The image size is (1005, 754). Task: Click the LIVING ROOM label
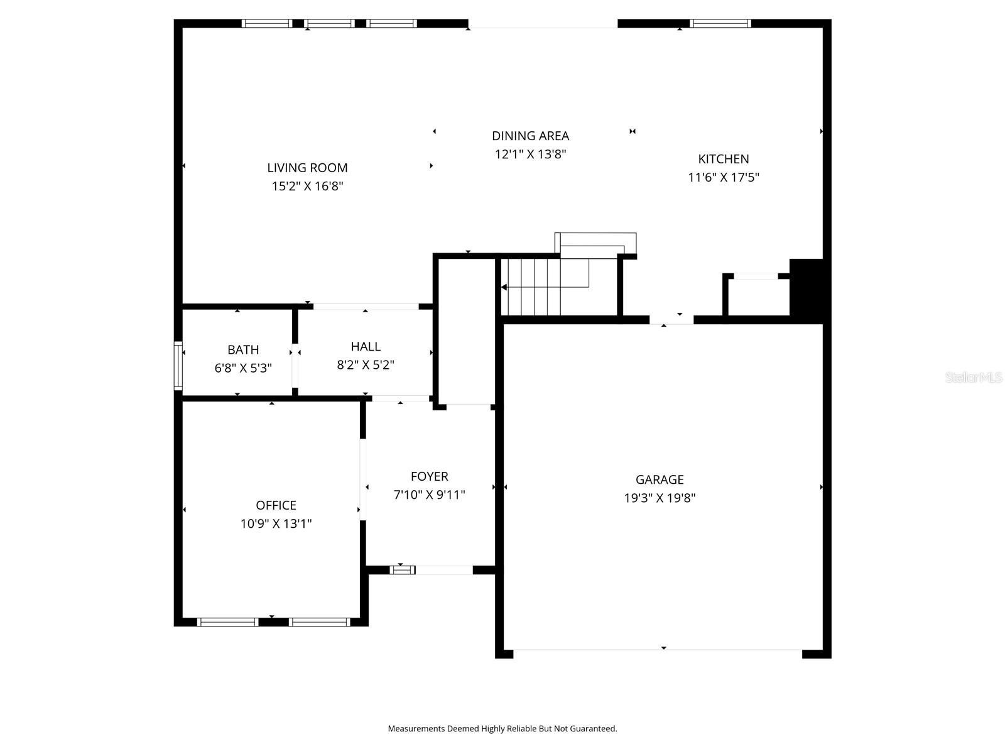307,168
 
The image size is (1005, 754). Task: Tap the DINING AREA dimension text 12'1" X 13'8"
530,154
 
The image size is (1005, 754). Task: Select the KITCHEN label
723,159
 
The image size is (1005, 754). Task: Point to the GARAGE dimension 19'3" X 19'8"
659,498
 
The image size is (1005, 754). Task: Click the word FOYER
429,476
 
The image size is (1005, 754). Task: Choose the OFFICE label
276,505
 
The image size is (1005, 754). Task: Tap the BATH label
243,350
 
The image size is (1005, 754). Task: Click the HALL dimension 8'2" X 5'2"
366,364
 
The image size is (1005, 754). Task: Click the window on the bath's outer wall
178,366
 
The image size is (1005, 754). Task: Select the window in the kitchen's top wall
720,24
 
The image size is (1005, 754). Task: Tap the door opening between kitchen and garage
671,320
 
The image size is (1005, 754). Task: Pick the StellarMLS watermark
973,378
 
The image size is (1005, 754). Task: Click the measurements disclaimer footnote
502,729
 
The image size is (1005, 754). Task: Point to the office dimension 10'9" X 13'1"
276,523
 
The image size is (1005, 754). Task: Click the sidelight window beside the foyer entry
403,570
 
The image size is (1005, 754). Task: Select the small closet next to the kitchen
758,297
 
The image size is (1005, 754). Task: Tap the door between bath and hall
295,366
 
